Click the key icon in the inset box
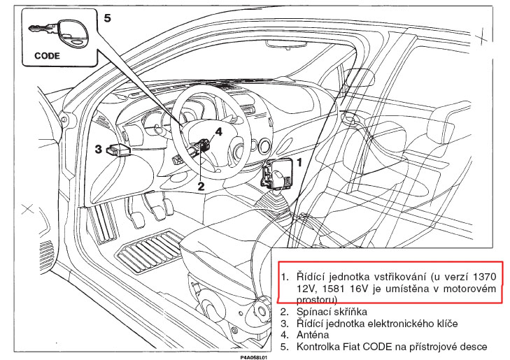point(57,31)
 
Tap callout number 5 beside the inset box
point(107,17)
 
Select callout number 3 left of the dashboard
point(99,149)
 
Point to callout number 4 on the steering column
point(218,131)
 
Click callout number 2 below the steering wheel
point(201,185)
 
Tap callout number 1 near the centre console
point(299,161)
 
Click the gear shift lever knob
point(276,200)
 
